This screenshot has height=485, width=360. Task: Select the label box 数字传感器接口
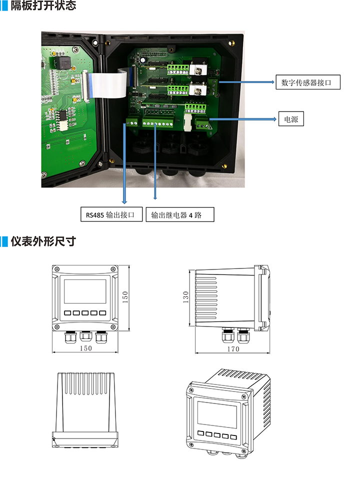click(307, 82)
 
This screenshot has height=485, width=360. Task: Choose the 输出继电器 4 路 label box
click(180, 215)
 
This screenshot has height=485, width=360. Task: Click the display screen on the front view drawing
click(85, 291)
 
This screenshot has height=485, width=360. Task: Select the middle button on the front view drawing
click(85, 313)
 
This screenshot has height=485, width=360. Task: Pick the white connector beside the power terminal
click(187, 121)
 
